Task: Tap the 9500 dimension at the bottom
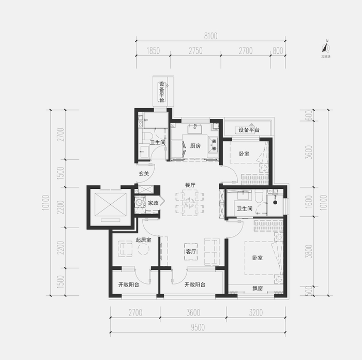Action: tap(198, 326)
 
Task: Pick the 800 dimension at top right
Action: tap(278, 51)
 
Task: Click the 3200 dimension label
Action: tap(255, 312)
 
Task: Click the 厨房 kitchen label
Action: tap(195, 145)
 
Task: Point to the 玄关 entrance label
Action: tap(144, 173)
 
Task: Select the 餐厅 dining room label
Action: tap(190, 185)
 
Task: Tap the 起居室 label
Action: tap(143, 239)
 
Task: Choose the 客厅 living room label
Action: tap(190, 252)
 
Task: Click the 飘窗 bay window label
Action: tap(257, 289)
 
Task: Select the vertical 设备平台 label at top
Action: tap(162, 92)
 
